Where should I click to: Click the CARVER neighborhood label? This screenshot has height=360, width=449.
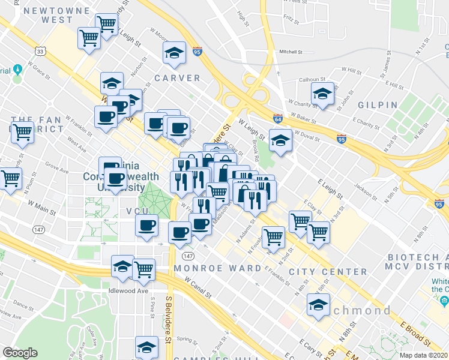coord(176,78)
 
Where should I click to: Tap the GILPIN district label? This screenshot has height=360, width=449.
coord(378,104)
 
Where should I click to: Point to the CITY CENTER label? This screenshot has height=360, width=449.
coord(328,272)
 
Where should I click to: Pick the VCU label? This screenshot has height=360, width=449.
coord(137,211)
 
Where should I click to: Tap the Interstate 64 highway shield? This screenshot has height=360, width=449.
coord(277,118)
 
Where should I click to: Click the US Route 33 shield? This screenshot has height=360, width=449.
coord(40,52)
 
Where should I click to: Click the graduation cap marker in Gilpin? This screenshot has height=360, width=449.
coord(322,94)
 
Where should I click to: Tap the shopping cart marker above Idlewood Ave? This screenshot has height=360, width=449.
coord(144,270)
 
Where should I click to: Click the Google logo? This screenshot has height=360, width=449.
coord(20,353)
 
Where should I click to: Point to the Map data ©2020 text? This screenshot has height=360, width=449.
coord(423,355)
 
